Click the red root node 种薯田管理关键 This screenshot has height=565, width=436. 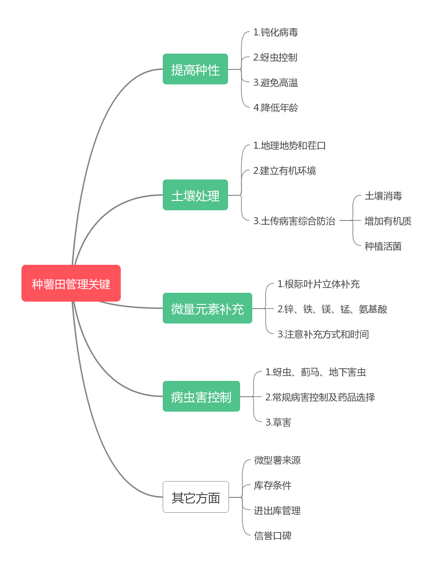[x=71, y=283]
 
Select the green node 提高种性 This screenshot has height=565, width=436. [x=195, y=69]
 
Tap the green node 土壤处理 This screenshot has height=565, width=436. [x=195, y=195]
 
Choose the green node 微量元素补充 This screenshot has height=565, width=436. [x=207, y=309]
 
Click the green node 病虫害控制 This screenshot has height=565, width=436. [x=201, y=397]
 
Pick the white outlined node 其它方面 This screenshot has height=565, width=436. [x=195, y=497]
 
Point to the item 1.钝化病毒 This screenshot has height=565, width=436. [x=276, y=32]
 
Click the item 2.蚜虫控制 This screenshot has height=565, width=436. [x=275, y=57]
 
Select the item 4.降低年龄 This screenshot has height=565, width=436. [x=276, y=108]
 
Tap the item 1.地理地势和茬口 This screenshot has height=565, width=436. [x=290, y=145]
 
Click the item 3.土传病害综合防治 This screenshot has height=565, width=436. [x=294, y=221]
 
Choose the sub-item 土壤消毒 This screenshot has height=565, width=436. [x=383, y=196]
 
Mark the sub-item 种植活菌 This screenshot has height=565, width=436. [x=383, y=246]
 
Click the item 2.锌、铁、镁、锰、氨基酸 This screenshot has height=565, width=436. [x=332, y=309]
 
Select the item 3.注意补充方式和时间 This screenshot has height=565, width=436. [x=323, y=334]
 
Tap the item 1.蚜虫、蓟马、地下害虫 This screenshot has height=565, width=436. [x=316, y=372]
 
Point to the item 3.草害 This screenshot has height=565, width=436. [x=278, y=422]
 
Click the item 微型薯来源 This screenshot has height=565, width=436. [x=277, y=460]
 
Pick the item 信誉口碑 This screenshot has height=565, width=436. [x=273, y=536]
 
